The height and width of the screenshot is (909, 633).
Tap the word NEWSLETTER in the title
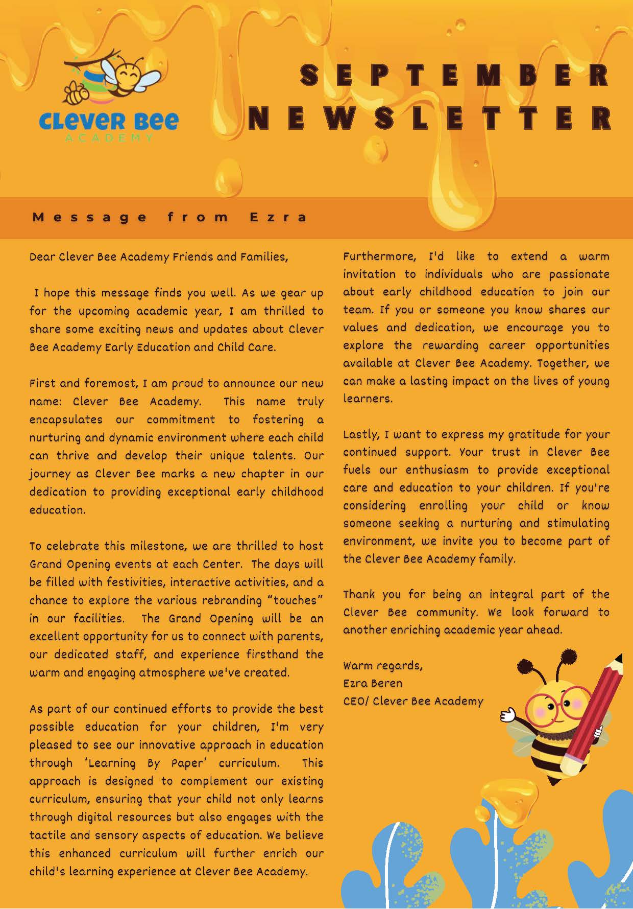(430, 118)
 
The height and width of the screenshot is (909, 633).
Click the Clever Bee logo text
(109, 121)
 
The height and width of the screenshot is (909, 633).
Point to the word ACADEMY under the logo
(109, 138)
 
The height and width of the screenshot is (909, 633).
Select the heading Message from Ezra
(170, 217)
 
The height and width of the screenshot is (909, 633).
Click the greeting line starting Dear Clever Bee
(159, 257)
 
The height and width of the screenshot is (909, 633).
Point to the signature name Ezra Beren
(373, 683)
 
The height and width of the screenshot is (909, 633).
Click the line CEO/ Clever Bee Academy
(413, 701)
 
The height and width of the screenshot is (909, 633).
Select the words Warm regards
(382, 666)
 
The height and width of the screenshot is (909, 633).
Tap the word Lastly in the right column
(361, 434)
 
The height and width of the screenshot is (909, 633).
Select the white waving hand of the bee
(507, 714)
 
